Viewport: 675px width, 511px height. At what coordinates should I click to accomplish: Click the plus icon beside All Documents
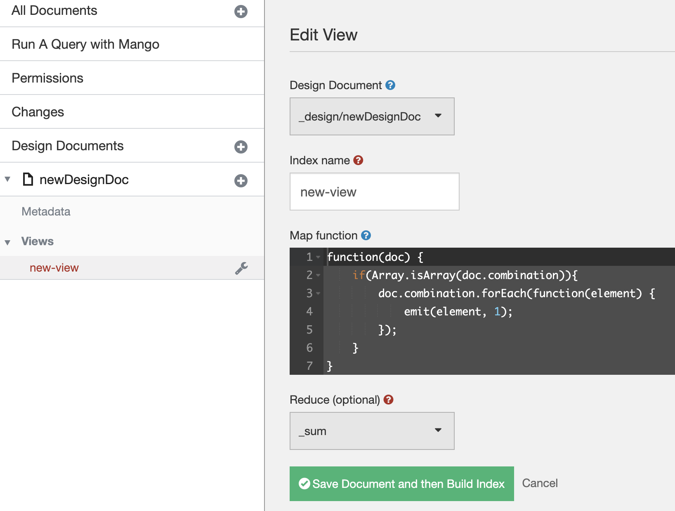click(x=241, y=12)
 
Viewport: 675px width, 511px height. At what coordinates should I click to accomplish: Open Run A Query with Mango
click(x=85, y=44)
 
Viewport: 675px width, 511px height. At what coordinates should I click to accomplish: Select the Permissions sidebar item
click(x=47, y=78)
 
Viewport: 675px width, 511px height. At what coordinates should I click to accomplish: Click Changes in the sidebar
click(x=38, y=112)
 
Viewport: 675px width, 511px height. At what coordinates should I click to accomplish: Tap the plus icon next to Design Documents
click(x=241, y=147)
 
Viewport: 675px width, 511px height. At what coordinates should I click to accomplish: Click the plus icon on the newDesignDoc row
click(x=241, y=181)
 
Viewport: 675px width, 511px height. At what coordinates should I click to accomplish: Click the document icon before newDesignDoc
click(x=28, y=180)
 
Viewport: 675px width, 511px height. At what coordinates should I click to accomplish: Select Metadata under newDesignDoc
click(x=46, y=212)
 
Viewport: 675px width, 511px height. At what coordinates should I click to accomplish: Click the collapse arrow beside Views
click(x=7, y=242)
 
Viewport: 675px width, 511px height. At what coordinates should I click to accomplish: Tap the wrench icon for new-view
click(x=241, y=268)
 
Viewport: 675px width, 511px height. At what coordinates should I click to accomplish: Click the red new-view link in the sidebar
click(x=54, y=268)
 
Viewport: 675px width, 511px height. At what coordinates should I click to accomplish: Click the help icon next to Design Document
click(x=390, y=85)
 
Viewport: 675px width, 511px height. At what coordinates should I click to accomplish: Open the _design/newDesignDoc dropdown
click(x=372, y=116)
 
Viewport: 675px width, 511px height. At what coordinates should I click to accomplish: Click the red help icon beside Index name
click(x=358, y=160)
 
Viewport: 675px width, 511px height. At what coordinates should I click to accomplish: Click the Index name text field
click(x=374, y=192)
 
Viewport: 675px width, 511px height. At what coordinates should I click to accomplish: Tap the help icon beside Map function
click(x=366, y=235)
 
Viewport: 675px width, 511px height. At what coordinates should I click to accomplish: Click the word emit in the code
click(x=417, y=312)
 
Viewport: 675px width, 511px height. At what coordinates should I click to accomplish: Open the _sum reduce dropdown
click(x=372, y=431)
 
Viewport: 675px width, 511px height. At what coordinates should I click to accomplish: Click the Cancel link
click(x=540, y=483)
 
